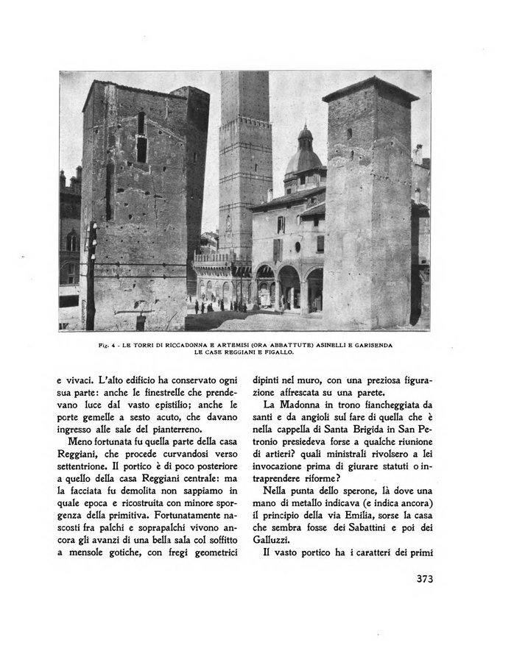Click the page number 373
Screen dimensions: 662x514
click(419, 579)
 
